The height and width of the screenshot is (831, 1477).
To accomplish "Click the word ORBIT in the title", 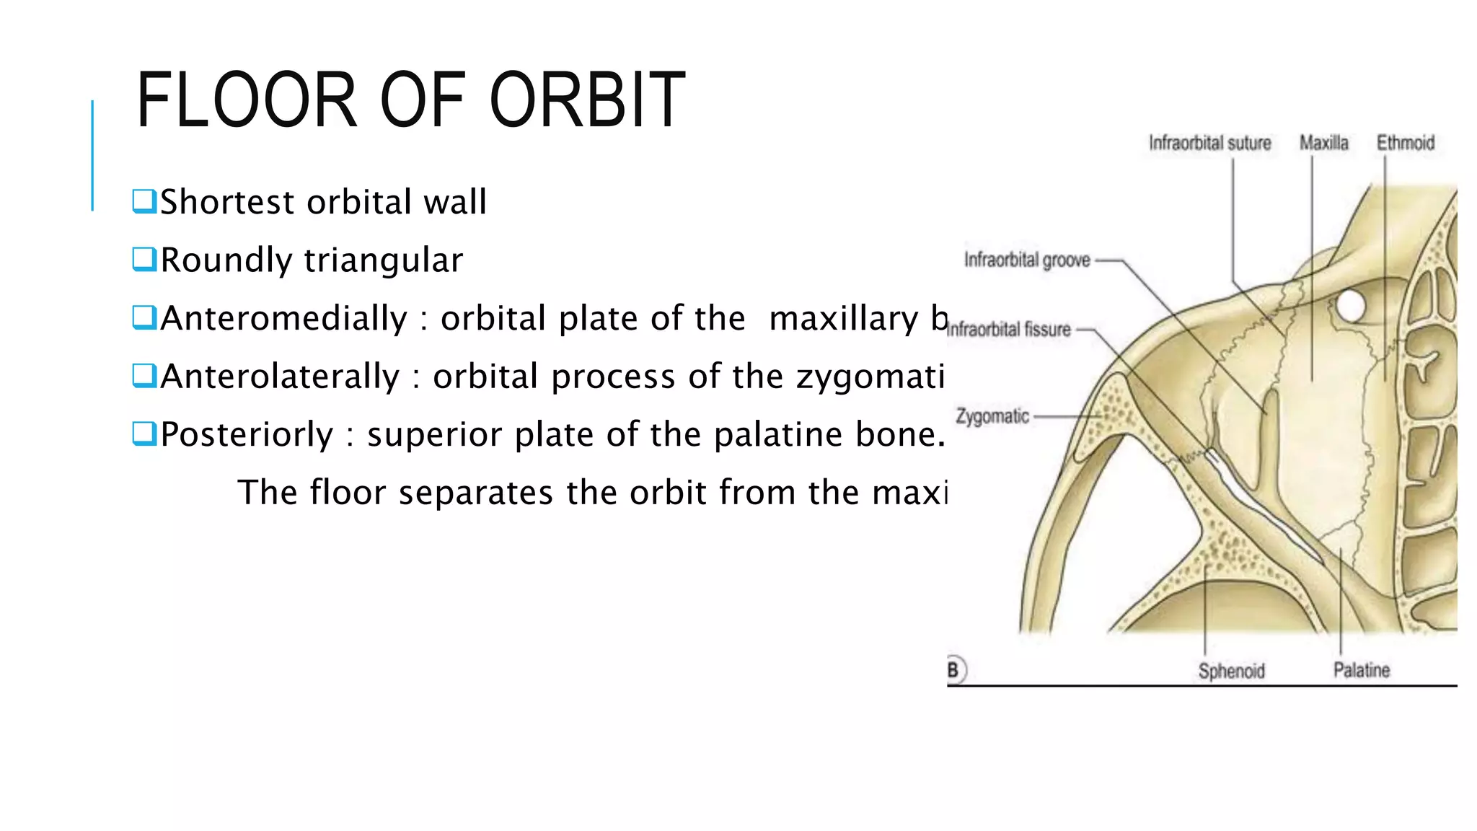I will click(x=587, y=101).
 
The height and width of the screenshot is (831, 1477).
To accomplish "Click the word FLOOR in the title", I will click(x=246, y=101).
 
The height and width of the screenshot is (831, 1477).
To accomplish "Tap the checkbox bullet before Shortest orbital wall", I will click(x=144, y=201).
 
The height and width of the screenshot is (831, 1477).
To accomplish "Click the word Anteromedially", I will click(x=284, y=319).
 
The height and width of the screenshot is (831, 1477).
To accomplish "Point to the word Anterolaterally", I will click(x=280, y=377).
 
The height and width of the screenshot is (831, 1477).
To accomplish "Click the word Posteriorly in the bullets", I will click(x=247, y=435).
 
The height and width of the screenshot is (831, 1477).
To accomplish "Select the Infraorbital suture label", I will click(x=1209, y=143).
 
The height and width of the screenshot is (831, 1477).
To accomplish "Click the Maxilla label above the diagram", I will click(x=1323, y=143).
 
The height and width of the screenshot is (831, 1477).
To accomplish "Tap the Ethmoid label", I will click(x=1405, y=143).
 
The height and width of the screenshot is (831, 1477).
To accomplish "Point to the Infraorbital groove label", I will click(x=1027, y=260).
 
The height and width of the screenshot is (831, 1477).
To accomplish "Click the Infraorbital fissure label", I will click(x=1008, y=330).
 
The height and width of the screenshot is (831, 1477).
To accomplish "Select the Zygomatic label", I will click(x=992, y=416).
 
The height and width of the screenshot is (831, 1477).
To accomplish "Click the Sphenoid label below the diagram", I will click(x=1231, y=671).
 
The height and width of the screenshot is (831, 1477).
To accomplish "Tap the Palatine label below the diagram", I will click(x=1361, y=670).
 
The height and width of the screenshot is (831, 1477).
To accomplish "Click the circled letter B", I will click(x=954, y=670).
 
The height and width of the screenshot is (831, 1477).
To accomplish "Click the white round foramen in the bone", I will click(x=1350, y=306).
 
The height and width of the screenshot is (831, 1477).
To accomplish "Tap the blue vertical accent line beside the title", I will click(x=92, y=155).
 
